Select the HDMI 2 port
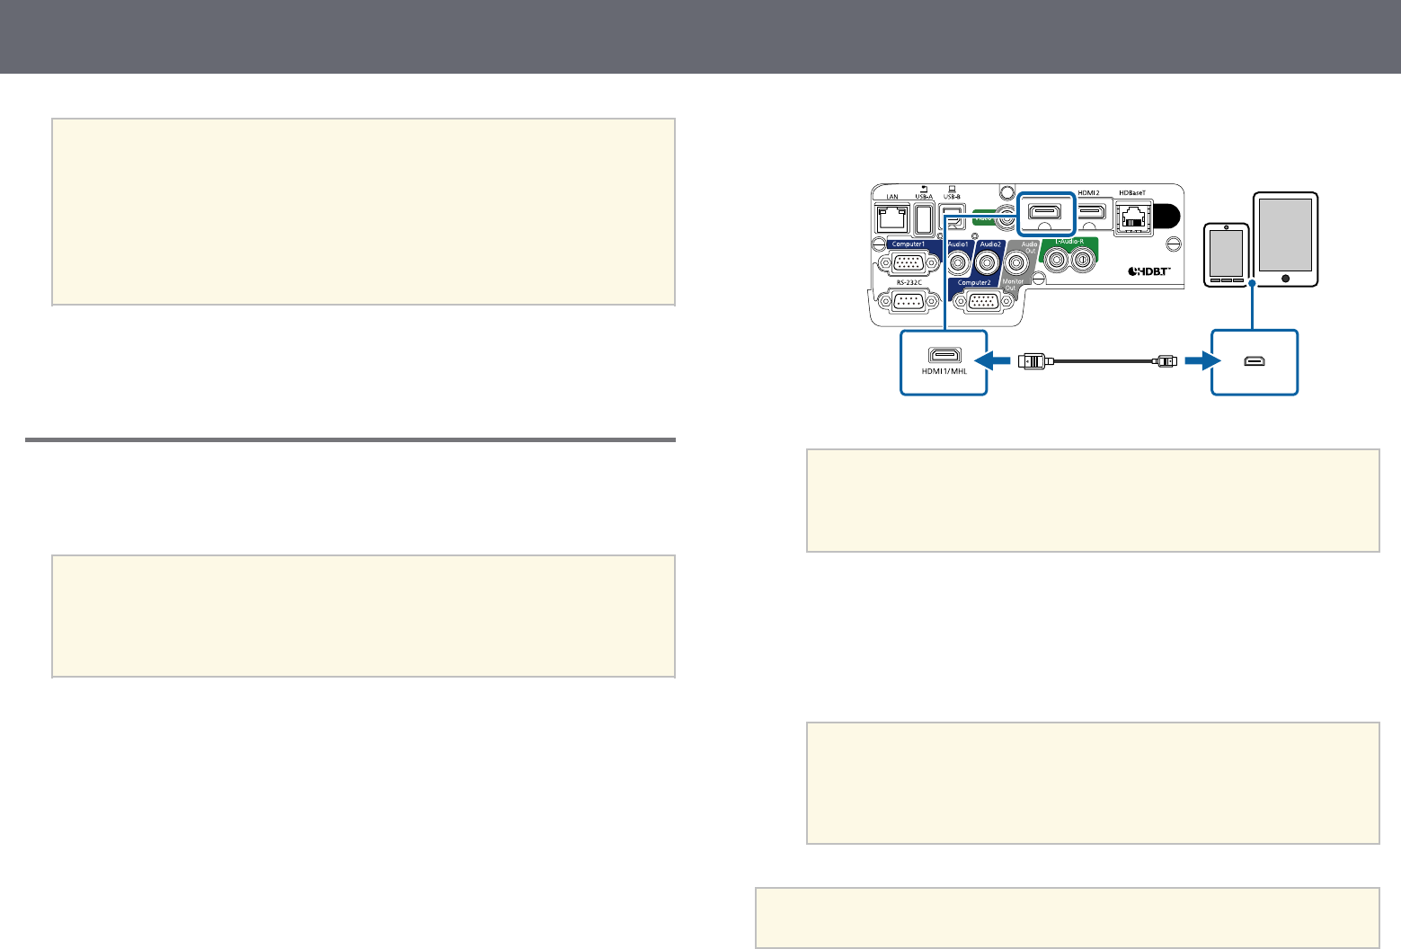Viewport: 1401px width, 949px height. point(1092,212)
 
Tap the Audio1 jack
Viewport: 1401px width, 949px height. point(959,263)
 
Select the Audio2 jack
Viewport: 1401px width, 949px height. point(990,263)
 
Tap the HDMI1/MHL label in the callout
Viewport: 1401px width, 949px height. point(944,373)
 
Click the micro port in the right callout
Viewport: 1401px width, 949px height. point(1255,361)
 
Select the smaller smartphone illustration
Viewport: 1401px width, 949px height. point(1227,254)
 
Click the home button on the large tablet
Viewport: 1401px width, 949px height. point(1286,278)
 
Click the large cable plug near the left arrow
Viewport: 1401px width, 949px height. point(1033,362)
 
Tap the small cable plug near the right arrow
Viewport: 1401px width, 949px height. point(1166,361)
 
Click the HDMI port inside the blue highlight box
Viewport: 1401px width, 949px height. point(1046,212)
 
